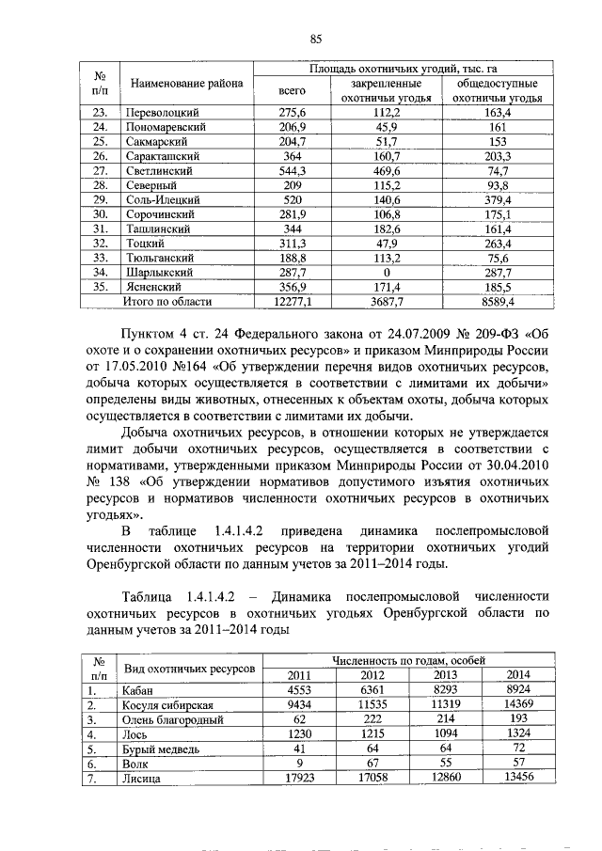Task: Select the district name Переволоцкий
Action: tap(161, 112)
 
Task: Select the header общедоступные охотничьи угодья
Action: tap(499, 90)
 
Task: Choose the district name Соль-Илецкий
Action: tap(161, 200)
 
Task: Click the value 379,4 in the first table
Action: tap(499, 200)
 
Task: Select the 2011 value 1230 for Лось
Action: tap(297, 733)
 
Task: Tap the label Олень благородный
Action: tap(172, 719)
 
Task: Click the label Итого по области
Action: tap(168, 302)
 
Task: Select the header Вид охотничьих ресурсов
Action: tap(189, 667)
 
